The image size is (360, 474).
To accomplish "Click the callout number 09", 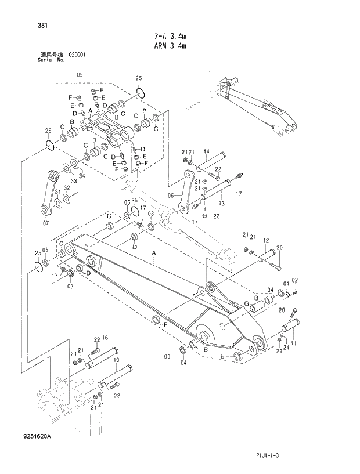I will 80,75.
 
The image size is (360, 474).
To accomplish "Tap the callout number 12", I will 265,240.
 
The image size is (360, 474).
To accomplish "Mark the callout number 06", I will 171,196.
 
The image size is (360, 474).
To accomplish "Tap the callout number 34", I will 82,175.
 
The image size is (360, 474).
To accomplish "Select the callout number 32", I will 67,188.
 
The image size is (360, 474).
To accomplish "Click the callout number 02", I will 295,281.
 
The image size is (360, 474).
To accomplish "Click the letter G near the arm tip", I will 247,303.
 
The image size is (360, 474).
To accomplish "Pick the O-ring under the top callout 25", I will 139,92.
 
